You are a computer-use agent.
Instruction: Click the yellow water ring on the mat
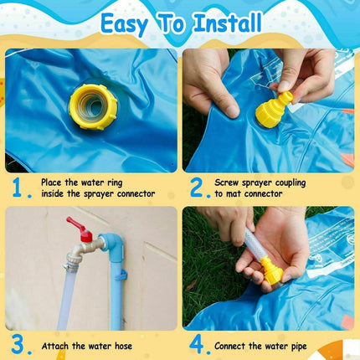point(91,105)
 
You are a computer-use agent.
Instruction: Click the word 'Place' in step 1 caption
point(54,181)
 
